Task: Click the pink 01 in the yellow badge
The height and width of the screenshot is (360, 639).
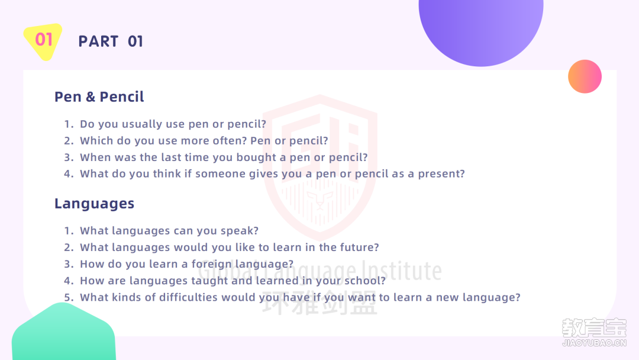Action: [x=44, y=40]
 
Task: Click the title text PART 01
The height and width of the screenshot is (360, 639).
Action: [x=111, y=41]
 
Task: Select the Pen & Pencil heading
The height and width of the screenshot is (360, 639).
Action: [x=99, y=97]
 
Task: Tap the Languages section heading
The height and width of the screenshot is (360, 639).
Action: [x=94, y=204]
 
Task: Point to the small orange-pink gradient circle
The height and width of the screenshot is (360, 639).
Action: [x=585, y=76]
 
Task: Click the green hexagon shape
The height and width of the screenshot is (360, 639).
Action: [x=64, y=332]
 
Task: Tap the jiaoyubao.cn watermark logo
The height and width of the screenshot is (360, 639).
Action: [x=594, y=332]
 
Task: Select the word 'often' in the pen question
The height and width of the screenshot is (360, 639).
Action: [x=228, y=141]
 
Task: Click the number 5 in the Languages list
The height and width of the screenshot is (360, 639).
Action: [x=69, y=298]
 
